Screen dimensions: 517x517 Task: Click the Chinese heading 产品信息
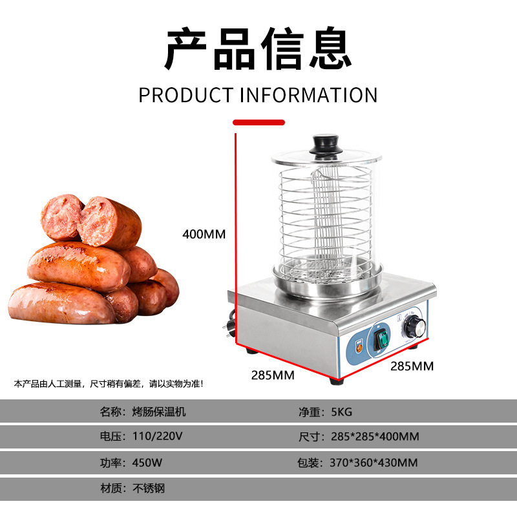click(x=258, y=50)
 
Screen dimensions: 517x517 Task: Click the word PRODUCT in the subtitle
click(x=185, y=95)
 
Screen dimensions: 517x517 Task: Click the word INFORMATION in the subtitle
click(x=308, y=95)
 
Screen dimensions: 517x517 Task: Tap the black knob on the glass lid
click(x=328, y=144)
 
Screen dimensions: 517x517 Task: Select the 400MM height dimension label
click(x=204, y=234)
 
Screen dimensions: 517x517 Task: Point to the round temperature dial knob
click(x=414, y=329)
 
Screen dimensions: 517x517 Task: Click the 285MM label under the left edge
click(x=273, y=375)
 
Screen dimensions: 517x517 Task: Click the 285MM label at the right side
click(x=412, y=366)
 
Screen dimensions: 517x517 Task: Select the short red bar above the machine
click(x=258, y=121)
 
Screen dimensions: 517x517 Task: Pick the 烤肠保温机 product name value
click(x=159, y=412)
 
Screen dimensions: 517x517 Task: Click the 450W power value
click(x=147, y=463)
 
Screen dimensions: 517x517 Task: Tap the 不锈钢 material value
click(x=149, y=489)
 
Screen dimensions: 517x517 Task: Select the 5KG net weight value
click(x=343, y=412)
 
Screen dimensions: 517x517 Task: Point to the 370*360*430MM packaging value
click(x=374, y=463)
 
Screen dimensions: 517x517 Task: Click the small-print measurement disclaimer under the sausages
click(x=109, y=384)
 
